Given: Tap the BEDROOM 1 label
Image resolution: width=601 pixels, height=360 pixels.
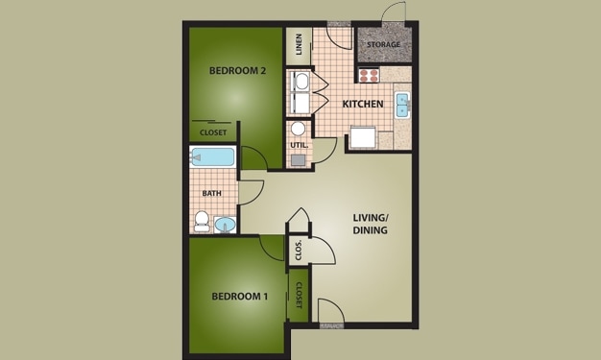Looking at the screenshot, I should pos(239,296).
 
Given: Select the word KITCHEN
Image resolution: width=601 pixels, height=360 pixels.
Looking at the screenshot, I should pos(363,104).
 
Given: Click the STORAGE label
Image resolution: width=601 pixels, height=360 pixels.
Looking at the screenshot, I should pos(383,42).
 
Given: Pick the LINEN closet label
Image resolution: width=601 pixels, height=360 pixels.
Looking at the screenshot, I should pos(299,44).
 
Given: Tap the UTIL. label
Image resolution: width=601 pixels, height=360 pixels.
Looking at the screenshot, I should pos(298,145).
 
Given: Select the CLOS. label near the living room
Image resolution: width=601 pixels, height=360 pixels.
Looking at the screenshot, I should pos(299,250).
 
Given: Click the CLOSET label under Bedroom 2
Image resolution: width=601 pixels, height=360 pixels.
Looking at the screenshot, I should pos(213,132).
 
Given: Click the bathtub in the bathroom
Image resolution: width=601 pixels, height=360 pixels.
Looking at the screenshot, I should pos(213,157).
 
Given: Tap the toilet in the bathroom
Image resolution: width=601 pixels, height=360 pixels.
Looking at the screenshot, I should pos(202,222).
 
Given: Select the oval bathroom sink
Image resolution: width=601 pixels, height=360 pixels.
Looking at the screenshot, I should pos(224,226).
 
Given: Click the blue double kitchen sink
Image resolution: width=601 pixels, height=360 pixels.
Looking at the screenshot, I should pos(401,103).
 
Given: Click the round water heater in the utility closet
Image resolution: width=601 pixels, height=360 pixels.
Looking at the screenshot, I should pos(298,129).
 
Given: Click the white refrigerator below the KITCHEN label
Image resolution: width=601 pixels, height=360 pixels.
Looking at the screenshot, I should pos(362,138).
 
